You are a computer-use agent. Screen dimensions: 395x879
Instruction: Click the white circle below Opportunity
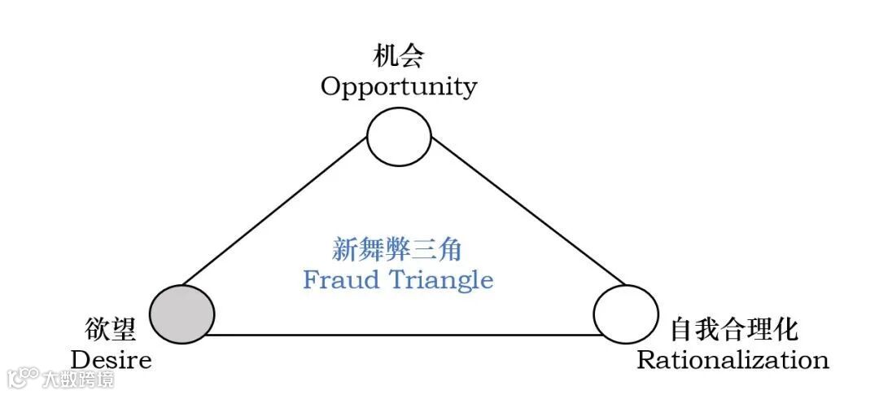(398, 137)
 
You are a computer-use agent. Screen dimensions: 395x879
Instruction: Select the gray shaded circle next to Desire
(182, 314)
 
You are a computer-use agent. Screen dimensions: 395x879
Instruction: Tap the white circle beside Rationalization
(626, 314)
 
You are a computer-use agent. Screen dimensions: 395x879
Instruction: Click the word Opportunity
(398, 86)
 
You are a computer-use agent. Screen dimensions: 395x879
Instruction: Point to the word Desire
(112, 359)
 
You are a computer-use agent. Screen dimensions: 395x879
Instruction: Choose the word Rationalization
(732, 359)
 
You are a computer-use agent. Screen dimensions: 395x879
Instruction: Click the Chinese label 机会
(398, 57)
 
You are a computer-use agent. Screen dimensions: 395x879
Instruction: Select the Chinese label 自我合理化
(733, 330)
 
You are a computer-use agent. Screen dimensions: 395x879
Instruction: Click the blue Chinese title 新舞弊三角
(398, 248)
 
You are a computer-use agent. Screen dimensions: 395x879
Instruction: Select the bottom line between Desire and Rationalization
(403, 334)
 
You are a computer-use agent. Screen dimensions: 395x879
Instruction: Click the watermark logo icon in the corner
(22, 377)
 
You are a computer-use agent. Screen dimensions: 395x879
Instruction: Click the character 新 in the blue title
(346, 248)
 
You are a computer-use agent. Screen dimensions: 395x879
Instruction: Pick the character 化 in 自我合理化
(785, 330)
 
